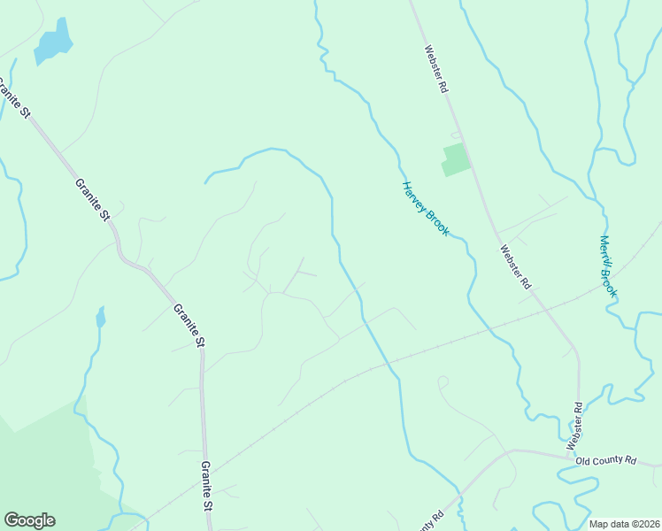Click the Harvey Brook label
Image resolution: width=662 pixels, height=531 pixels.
(x=426, y=209)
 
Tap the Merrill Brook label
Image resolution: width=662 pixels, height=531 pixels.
(x=607, y=265)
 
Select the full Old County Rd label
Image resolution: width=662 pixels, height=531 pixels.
(x=606, y=460)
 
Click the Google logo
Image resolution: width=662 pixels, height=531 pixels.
(x=29, y=520)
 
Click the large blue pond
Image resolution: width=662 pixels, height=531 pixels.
(x=53, y=42)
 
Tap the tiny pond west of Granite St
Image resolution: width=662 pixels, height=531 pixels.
(x=101, y=316)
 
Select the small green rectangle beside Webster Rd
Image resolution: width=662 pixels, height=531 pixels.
(x=455, y=159)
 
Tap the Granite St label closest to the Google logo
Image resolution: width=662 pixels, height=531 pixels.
(x=206, y=486)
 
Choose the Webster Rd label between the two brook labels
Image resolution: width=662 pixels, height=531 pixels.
(x=514, y=267)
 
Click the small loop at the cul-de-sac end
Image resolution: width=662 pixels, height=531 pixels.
(x=443, y=381)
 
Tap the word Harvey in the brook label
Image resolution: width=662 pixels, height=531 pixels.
(x=415, y=196)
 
